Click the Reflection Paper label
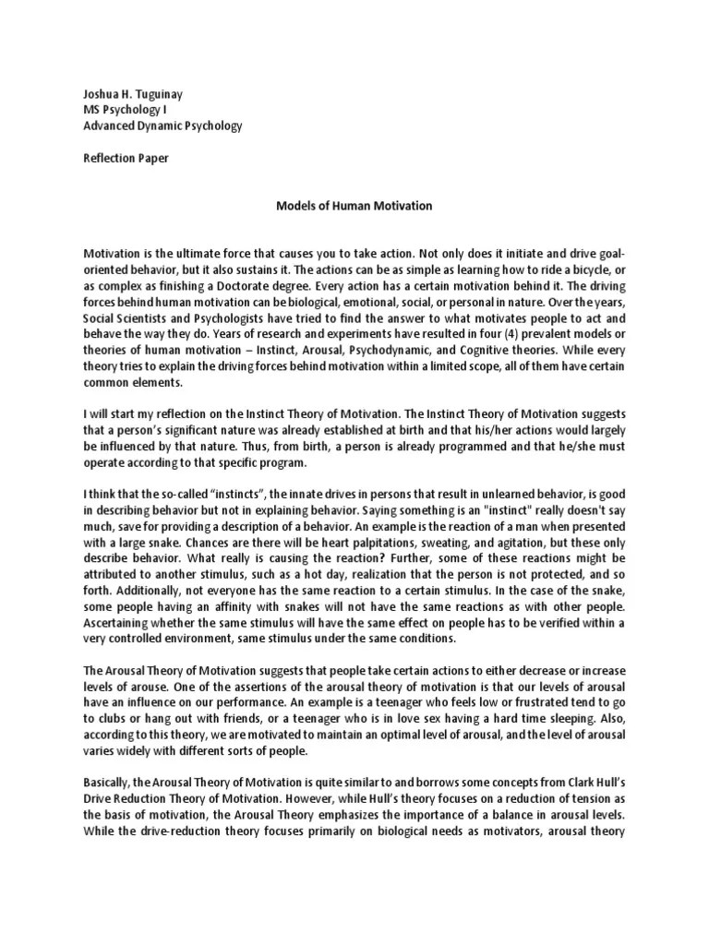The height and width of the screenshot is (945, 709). (x=126, y=158)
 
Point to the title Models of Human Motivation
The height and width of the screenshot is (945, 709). (x=354, y=206)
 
